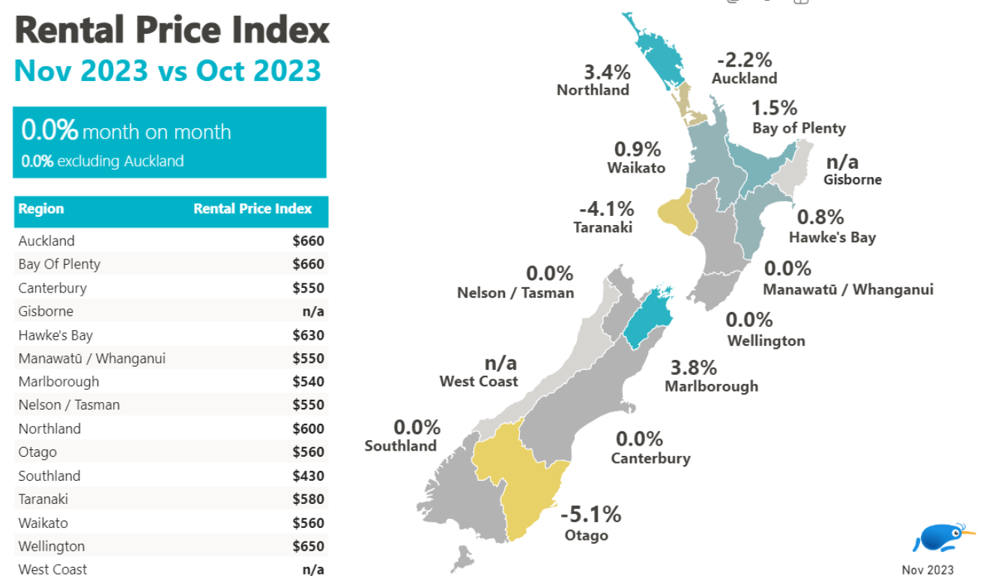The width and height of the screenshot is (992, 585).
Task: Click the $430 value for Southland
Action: pyautogui.click(x=308, y=475)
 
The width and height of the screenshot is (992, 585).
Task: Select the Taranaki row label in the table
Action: pyautogui.click(x=42, y=499)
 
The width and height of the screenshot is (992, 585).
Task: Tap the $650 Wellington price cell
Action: pyautogui.click(x=308, y=546)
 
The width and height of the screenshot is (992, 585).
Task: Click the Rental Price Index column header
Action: pyautogui.click(x=252, y=208)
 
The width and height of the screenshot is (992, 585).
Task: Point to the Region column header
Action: pyautogui.click(x=41, y=208)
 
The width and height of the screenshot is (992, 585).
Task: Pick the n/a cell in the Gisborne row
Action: pyautogui.click(x=313, y=311)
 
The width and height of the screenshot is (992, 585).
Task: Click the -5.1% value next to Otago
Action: pyautogui.click(x=591, y=514)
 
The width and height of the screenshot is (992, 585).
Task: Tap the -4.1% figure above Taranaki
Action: pyautogui.click(x=606, y=208)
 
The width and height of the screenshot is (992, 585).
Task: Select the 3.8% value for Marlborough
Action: pyautogui.click(x=693, y=367)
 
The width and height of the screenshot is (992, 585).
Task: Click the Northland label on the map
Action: pyautogui.click(x=593, y=90)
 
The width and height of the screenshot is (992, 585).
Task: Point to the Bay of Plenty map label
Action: pyautogui.click(x=799, y=127)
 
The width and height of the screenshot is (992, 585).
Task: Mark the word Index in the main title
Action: pyautogui.click(x=286, y=30)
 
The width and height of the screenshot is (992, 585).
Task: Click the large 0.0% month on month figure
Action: pyautogui.click(x=49, y=130)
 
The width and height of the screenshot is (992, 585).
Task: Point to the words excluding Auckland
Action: pyautogui.click(x=120, y=160)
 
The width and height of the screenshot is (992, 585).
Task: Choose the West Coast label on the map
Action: pyautogui.click(x=479, y=381)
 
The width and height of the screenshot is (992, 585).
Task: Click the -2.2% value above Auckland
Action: pyautogui.click(x=744, y=59)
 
